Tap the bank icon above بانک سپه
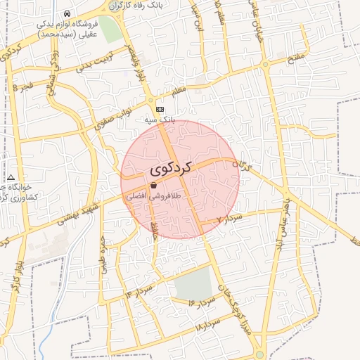click(160, 110)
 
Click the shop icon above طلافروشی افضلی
click(153, 186)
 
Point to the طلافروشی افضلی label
click(153, 198)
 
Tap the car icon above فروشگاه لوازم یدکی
click(66, 13)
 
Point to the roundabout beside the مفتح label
click(266, 65)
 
